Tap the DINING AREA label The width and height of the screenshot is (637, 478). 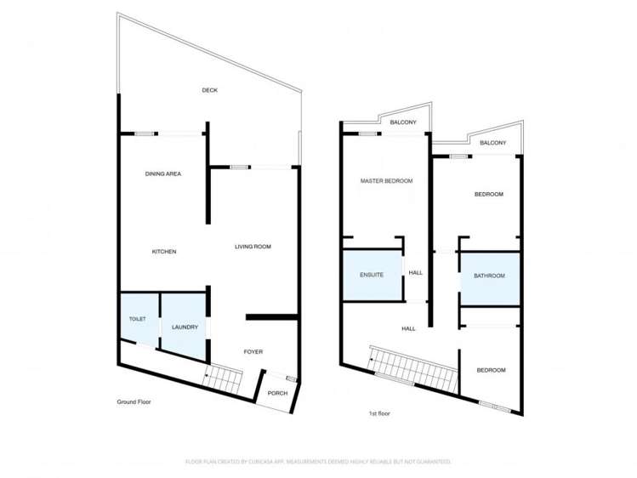(162, 174)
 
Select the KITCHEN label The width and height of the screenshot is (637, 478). (164, 252)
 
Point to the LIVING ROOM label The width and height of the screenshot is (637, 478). (253, 247)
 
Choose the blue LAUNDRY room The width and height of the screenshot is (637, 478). (185, 327)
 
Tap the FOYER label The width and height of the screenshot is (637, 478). (253, 351)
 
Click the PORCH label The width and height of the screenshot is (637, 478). (277, 393)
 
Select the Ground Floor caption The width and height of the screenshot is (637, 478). (134, 401)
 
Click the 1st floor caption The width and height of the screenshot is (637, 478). (379, 413)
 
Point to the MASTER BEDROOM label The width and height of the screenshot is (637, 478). (386, 181)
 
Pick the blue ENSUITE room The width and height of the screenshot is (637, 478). (372, 275)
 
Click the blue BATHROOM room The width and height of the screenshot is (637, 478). (489, 276)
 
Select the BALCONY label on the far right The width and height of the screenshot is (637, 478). (493, 143)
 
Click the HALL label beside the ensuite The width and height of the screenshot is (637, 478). (416, 273)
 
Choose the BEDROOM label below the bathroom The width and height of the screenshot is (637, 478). (491, 370)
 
